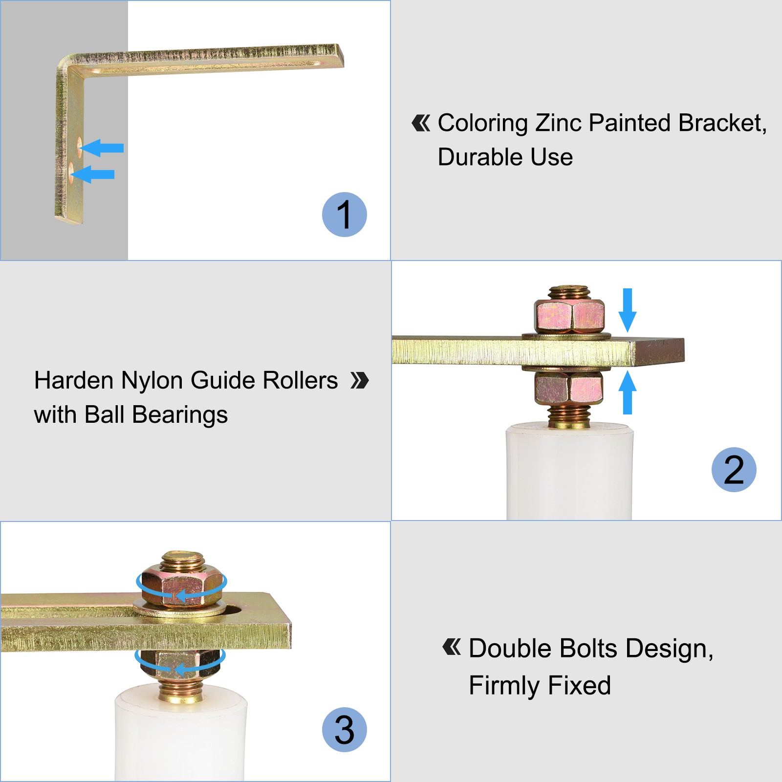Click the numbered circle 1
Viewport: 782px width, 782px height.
(345, 215)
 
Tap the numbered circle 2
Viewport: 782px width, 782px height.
(734, 470)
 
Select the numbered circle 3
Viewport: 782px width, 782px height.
(345, 730)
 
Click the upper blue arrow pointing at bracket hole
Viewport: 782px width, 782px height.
(102, 148)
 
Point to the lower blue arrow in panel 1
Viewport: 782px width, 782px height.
(93, 174)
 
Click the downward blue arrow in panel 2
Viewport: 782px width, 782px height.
(628, 310)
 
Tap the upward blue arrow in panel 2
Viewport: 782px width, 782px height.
(628, 392)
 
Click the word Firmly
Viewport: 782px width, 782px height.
(505, 686)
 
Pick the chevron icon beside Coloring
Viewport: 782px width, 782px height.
(421, 123)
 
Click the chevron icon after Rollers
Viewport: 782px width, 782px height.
(360, 380)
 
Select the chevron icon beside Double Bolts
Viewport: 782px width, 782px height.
(452, 647)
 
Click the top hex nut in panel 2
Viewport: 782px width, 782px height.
(569, 316)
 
